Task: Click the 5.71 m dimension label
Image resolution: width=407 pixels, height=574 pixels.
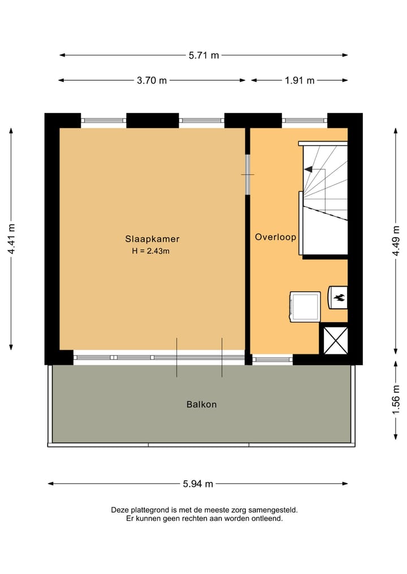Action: (x=203, y=55)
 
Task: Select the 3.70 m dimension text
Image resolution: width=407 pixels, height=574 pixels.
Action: (x=151, y=80)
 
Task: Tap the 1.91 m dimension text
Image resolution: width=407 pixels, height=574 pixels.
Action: (x=299, y=80)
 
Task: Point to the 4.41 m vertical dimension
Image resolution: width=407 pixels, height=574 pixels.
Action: (x=11, y=239)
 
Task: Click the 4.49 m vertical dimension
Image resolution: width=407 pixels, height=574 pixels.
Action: (x=396, y=241)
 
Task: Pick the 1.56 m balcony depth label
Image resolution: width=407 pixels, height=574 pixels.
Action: (x=396, y=400)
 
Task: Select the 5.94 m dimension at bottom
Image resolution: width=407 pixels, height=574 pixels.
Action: (x=198, y=484)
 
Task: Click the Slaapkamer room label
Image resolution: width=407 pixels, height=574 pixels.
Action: (x=152, y=239)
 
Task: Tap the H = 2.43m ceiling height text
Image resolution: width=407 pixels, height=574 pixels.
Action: (x=150, y=251)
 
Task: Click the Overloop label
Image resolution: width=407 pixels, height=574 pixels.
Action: (x=275, y=237)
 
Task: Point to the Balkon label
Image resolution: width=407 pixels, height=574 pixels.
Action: (x=202, y=404)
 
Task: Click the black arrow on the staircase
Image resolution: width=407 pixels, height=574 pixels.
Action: (x=308, y=168)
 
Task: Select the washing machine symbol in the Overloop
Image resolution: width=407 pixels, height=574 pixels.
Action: (x=305, y=306)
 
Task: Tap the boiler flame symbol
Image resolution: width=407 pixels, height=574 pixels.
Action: (x=339, y=297)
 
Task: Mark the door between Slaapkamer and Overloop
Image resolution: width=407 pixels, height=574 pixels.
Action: (x=248, y=174)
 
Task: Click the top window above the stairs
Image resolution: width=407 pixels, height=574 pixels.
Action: (x=305, y=120)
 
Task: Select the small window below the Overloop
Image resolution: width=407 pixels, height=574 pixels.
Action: (x=272, y=359)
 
